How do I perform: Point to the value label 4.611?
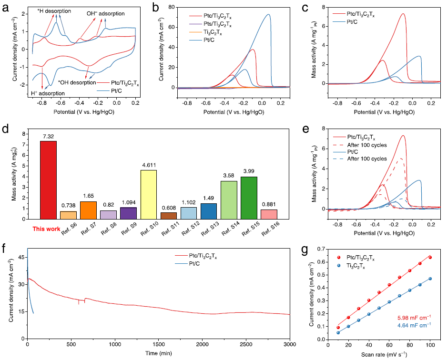coord(148,165)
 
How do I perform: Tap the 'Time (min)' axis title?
coord(158,353)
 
